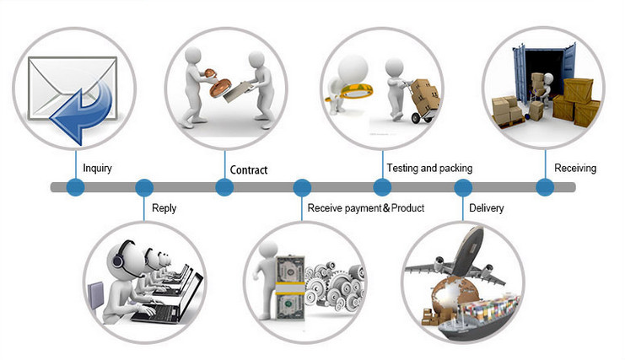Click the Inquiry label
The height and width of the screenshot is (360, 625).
click(x=97, y=168)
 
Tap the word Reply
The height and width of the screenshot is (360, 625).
click(x=164, y=208)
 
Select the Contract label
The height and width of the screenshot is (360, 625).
click(x=249, y=170)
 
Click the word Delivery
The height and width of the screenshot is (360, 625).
click(x=487, y=208)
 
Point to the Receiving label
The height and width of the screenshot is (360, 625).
click(x=575, y=168)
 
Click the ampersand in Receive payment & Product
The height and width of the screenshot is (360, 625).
click(x=386, y=208)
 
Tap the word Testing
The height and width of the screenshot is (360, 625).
click(x=402, y=168)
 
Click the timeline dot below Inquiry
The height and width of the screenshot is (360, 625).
click(x=75, y=187)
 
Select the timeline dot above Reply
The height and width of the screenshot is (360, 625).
click(x=144, y=187)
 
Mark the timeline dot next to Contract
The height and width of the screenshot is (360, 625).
click(x=224, y=187)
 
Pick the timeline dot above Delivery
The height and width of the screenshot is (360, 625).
click(x=463, y=187)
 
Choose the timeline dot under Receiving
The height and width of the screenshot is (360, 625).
click(x=545, y=187)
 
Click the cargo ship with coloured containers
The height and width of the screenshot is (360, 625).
click(x=478, y=317)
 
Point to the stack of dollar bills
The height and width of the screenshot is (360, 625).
click(x=290, y=287)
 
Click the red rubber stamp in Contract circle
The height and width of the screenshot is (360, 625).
click(x=218, y=83)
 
